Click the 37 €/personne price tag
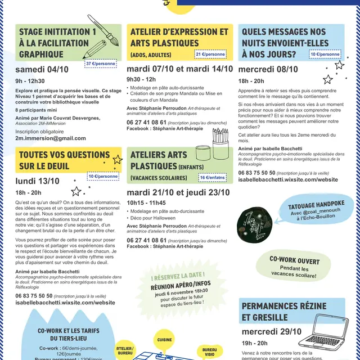tap(101, 64)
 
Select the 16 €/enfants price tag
tap(213, 178)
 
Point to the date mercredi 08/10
tap(268, 69)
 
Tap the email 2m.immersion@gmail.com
tap(51, 138)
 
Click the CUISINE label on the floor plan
tap(165, 340)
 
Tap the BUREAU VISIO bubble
tap(210, 352)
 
